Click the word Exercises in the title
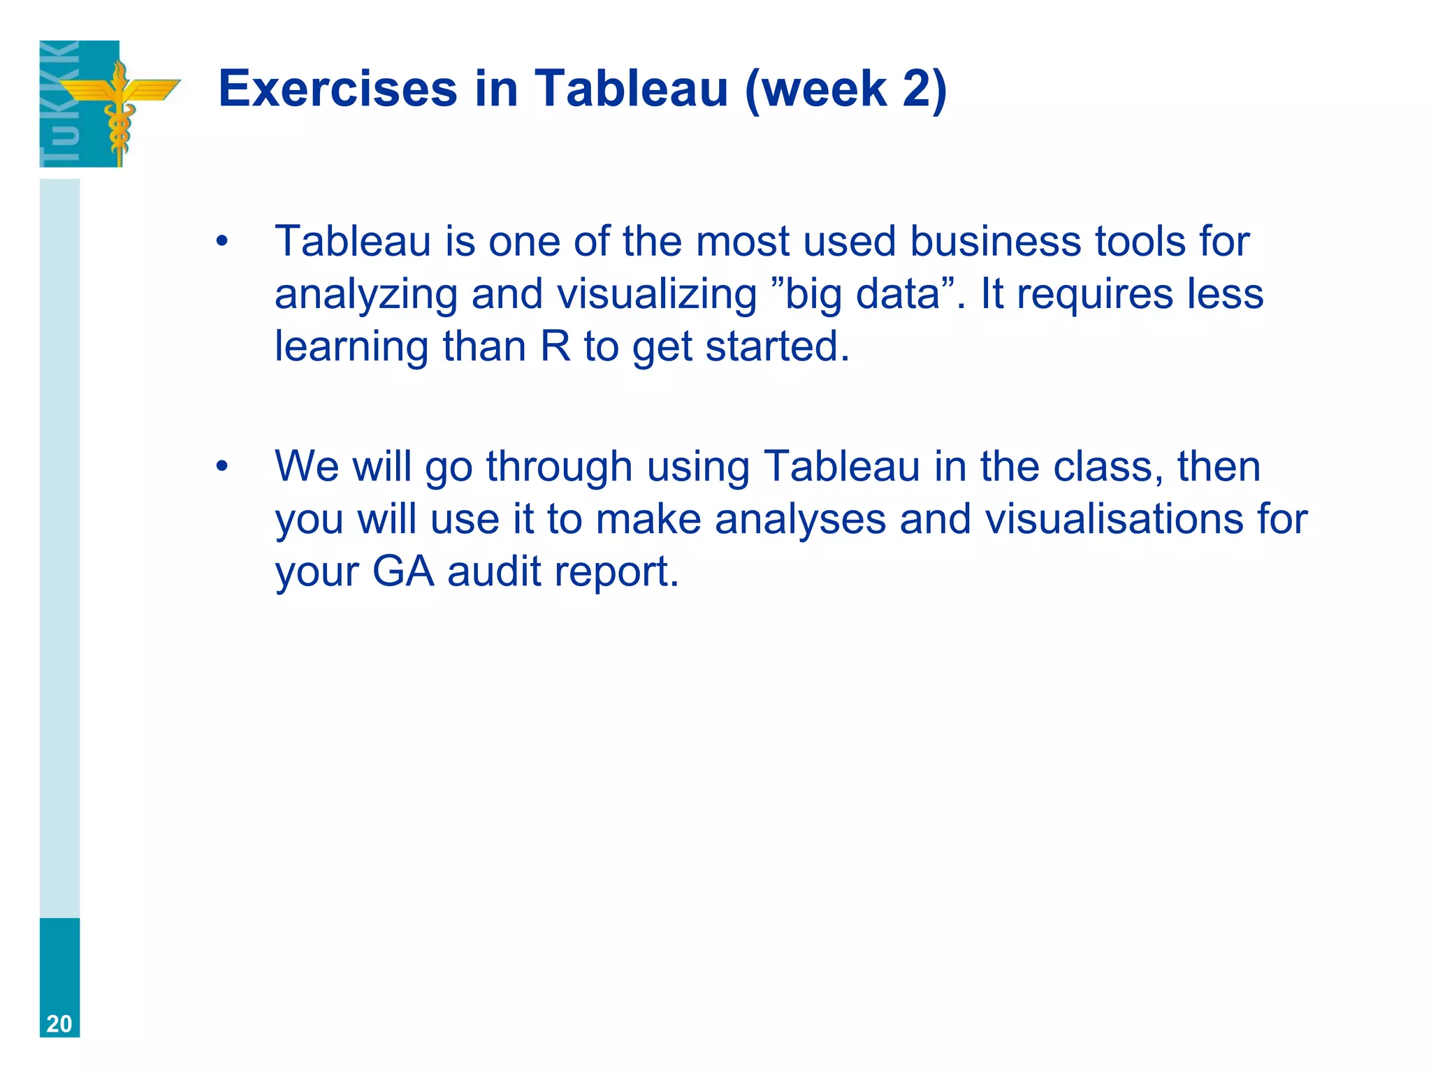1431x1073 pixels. click(x=337, y=89)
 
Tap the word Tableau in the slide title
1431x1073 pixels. click(x=632, y=89)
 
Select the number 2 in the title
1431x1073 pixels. click(x=916, y=89)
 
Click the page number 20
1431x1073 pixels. click(x=59, y=1023)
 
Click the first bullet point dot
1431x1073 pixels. click(x=222, y=242)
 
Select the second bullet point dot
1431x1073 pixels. click(x=222, y=467)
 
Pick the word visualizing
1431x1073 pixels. click(x=657, y=295)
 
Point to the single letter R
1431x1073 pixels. click(x=555, y=346)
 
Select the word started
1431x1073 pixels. click(x=777, y=346)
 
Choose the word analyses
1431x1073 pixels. click(x=801, y=519)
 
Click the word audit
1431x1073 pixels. click(x=494, y=571)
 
